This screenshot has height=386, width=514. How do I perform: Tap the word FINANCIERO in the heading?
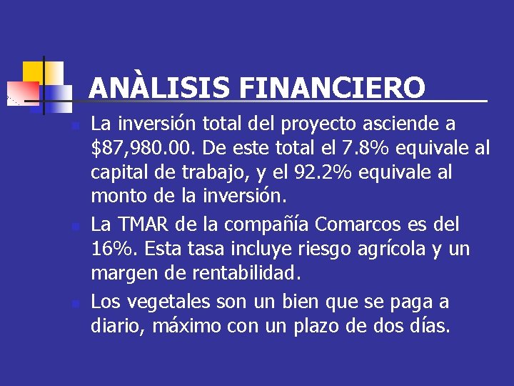click(332, 89)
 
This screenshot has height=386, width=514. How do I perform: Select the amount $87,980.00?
click(145, 149)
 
